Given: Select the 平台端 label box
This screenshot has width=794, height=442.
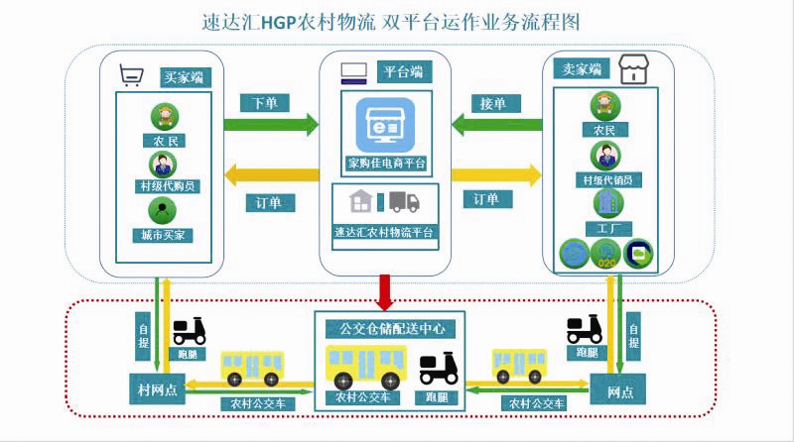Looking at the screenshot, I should coord(403,71).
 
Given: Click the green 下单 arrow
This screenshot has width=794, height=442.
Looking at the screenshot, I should coord(271,124).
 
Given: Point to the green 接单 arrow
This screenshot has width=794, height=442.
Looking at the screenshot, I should coord(496,124).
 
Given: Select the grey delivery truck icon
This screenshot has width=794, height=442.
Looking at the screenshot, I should coord(404,202).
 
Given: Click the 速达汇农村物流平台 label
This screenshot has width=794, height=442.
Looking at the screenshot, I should coord(385,232).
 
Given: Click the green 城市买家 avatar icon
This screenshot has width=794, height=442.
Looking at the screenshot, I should coord(161,210).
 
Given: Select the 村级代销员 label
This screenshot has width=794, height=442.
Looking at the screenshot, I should coord(606,179).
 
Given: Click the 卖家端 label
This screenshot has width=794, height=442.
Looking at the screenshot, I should coord(583,69).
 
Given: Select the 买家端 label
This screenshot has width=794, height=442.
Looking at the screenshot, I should coord(186,76).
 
